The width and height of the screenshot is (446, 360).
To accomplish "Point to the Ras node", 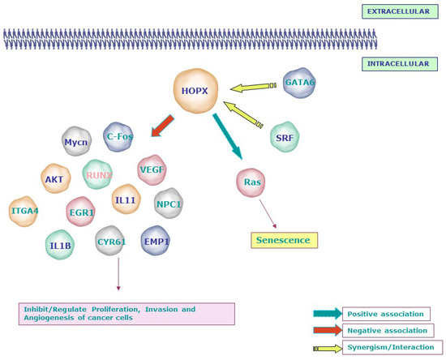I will pyautogui.click(x=251, y=182).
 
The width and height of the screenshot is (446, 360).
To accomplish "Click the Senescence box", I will pyautogui.click(x=283, y=240).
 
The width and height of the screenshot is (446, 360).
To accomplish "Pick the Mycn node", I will pyautogui.click(x=76, y=142).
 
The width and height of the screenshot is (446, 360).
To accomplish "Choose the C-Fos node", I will pyautogui.click(x=119, y=137).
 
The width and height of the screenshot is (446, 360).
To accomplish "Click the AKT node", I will pyautogui.click(x=55, y=179).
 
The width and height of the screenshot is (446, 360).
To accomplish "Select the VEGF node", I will pyautogui.click(x=152, y=170).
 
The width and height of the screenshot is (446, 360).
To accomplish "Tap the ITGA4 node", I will pyautogui.click(x=24, y=211).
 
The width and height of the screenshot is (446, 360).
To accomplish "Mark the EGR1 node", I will pyautogui.click(x=81, y=212).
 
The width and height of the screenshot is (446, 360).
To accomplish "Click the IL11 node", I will pyautogui.click(x=126, y=199).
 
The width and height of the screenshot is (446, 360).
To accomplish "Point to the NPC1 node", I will pyautogui.click(x=168, y=204).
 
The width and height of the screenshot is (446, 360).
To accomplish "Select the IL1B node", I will pyautogui.click(x=60, y=245).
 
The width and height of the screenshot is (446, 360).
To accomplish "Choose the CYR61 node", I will pyautogui.click(x=110, y=241).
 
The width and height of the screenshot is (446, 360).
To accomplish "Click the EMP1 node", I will pyautogui.click(x=155, y=241).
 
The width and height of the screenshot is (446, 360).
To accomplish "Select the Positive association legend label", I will pyautogui.click(x=386, y=314).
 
